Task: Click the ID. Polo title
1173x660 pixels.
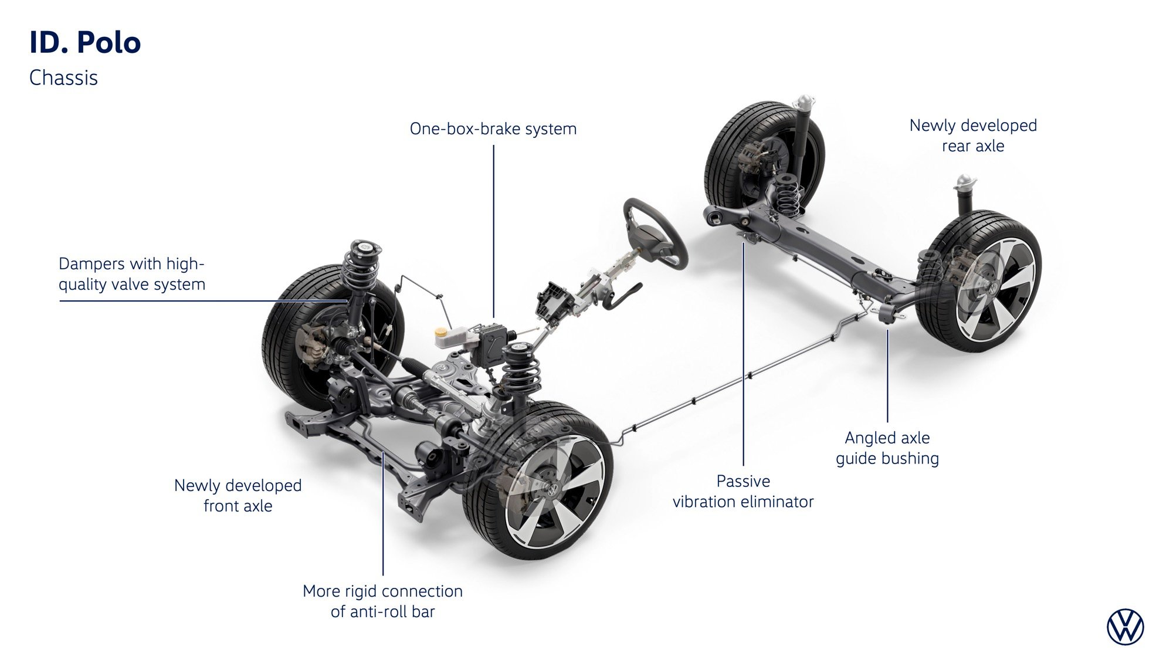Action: click(x=85, y=43)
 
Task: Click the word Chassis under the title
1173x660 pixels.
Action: click(x=63, y=78)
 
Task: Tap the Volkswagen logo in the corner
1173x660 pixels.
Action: click(x=1125, y=627)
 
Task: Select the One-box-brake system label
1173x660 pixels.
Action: click(x=493, y=129)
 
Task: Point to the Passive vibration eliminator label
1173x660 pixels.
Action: click(x=743, y=492)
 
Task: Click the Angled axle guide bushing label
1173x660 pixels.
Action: click(x=887, y=448)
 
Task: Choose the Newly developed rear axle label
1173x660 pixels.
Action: click(x=972, y=136)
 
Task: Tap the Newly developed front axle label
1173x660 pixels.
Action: click(x=238, y=496)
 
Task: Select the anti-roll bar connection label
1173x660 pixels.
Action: click(x=382, y=601)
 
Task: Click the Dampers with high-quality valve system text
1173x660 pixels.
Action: click(x=131, y=274)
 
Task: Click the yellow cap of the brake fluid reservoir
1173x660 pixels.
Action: click(x=440, y=331)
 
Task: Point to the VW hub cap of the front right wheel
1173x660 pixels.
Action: click(x=551, y=488)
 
